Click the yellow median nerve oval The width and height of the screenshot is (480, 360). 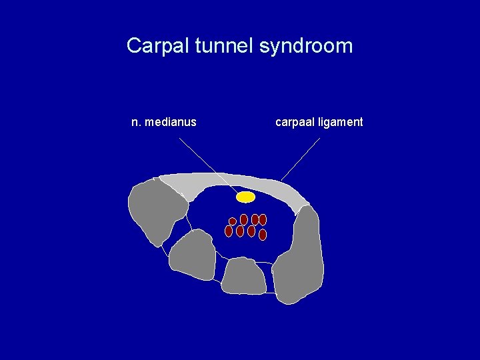(246, 197)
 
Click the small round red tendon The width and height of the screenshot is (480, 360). (233, 221)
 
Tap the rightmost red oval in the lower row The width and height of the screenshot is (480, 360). (263, 235)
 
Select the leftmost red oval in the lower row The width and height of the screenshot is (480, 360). (229, 231)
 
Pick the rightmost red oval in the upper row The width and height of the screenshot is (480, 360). (263, 219)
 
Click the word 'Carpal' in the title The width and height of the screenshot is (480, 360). (153, 47)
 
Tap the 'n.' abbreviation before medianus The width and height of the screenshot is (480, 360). (136, 122)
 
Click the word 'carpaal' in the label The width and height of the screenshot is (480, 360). (295, 122)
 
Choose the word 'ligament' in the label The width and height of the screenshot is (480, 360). (341, 122)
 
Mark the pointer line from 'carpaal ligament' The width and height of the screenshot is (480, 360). (301, 159)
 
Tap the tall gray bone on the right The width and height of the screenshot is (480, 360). (300, 257)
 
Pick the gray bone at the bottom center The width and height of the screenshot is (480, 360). (243, 277)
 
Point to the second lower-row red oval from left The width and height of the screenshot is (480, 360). (240, 231)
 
